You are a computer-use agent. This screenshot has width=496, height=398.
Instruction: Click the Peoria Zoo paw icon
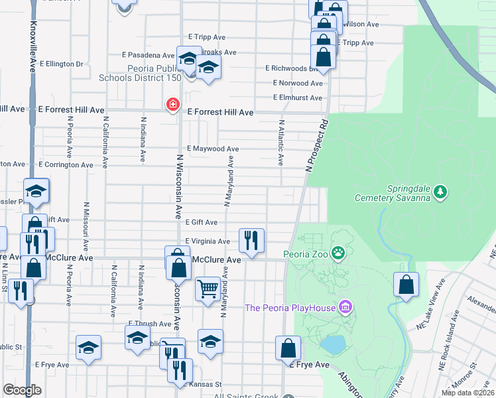pos(339,252)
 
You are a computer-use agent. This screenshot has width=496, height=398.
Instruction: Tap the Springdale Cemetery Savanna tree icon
pos(440,192)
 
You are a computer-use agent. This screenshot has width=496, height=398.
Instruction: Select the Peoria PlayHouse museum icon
pos(345,307)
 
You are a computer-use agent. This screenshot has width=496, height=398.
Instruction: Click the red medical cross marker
pos(173,105)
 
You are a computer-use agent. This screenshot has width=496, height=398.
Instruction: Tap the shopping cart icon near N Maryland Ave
pos(208,288)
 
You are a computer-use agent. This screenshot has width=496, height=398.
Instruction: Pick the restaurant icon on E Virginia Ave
pos(251,239)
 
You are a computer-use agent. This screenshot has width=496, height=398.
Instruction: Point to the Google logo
pos(22,389)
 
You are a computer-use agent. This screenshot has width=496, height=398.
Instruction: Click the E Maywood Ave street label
pos(213,149)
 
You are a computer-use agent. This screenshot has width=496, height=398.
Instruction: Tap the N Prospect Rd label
pos(316,147)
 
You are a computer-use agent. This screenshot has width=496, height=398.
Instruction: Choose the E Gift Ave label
pos(202,222)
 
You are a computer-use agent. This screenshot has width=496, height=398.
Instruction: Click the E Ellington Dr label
pos(61,64)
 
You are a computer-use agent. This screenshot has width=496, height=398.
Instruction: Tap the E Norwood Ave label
pos(298,83)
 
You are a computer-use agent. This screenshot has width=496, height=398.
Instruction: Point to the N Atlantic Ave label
pos(281,143)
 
